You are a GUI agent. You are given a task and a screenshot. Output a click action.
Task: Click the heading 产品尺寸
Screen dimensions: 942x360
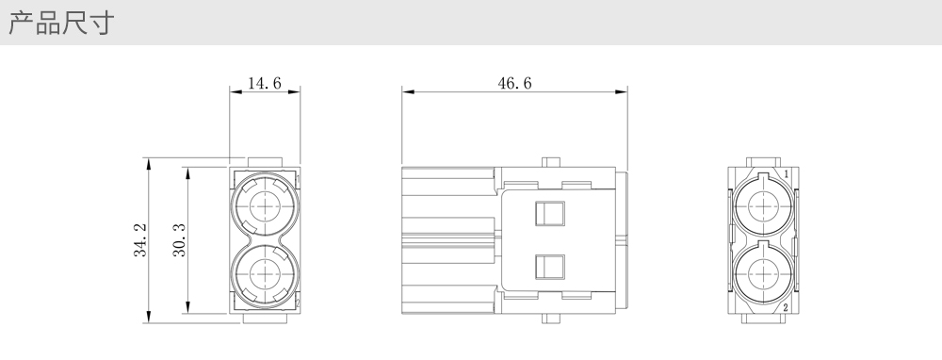point(61,23)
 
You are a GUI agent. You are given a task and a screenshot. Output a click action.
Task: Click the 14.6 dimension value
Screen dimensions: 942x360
point(265,83)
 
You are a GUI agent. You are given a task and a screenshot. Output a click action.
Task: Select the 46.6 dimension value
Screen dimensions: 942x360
point(515,83)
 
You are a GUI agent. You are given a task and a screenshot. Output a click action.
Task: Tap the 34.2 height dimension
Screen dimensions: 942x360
point(140,239)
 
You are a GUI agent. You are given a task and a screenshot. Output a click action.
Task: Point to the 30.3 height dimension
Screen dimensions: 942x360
point(180,239)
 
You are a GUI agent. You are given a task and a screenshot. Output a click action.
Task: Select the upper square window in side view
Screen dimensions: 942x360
point(550,213)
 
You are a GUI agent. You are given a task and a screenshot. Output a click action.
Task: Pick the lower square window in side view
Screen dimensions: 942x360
point(550,267)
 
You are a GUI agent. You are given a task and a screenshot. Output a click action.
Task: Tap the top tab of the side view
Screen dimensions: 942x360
point(551,162)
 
